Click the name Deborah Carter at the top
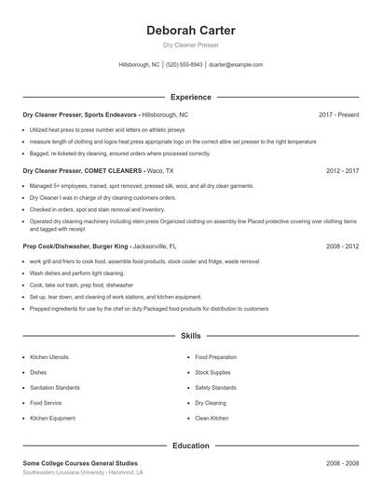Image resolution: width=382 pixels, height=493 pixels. [x=190, y=31]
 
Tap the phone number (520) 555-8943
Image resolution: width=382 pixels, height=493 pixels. [x=184, y=65]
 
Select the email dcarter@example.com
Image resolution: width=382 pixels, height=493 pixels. [x=236, y=65]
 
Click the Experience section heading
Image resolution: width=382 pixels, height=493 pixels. [x=190, y=97]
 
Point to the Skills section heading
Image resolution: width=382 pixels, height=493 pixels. [x=190, y=335]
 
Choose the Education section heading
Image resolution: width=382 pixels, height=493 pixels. [x=190, y=446]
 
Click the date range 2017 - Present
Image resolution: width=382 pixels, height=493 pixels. [x=338, y=114]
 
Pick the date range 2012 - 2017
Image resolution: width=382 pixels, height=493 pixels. [x=342, y=171]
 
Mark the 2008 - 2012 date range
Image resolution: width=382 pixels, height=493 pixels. [x=342, y=246]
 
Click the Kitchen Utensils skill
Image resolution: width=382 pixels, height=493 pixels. [x=50, y=357]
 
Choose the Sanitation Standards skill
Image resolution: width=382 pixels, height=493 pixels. [x=55, y=388]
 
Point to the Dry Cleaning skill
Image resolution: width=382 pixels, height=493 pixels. [x=211, y=403]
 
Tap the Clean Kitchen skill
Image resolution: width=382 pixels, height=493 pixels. [x=211, y=419]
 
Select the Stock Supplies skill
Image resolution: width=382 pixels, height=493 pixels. [x=212, y=372]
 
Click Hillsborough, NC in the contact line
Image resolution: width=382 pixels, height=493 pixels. [x=140, y=65]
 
